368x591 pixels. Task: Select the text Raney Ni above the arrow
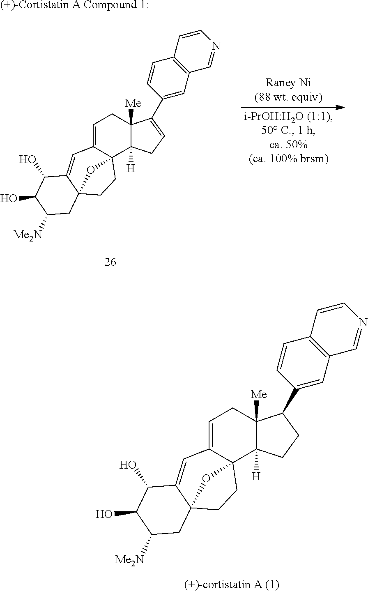click(x=288, y=83)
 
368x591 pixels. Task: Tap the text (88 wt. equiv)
click(x=288, y=97)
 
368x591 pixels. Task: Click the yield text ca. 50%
click(x=288, y=145)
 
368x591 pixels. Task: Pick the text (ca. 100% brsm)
click(x=288, y=159)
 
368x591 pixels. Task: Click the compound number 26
click(x=110, y=262)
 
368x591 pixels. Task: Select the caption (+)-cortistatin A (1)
click(x=231, y=585)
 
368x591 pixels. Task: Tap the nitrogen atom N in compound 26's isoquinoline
click(x=216, y=46)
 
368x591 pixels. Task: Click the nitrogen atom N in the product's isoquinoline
click(x=363, y=322)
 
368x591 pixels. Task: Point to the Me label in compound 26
click(x=133, y=103)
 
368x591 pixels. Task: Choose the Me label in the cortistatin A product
click(x=258, y=394)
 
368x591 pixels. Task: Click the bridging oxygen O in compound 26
click(x=90, y=170)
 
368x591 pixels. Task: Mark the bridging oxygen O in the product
click(x=206, y=478)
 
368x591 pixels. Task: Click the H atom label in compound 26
click(x=131, y=168)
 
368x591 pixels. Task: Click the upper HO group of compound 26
click(x=28, y=160)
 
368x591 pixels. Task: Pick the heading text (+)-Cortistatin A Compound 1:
click(x=75, y=5)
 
